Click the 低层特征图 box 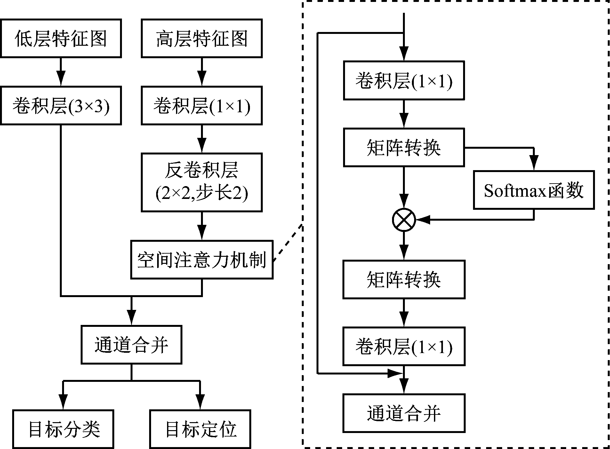click(61, 38)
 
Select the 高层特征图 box click(202, 38)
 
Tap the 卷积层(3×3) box click(61, 106)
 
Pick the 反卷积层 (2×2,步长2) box click(202, 182)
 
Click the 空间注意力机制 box click(202, 260)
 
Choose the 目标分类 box click(63, 429)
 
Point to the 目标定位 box click(200, 429)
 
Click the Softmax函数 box click(534, 190)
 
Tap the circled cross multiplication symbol click(404, 220)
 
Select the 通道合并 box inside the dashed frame click(404, 413)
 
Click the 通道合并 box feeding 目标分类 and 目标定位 click(132, 345)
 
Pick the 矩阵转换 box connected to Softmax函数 click(404, 147)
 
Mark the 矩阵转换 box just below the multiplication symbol click(404, 280)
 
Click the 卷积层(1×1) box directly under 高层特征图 click(202, 106)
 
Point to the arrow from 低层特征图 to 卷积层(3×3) click(61, 72)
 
